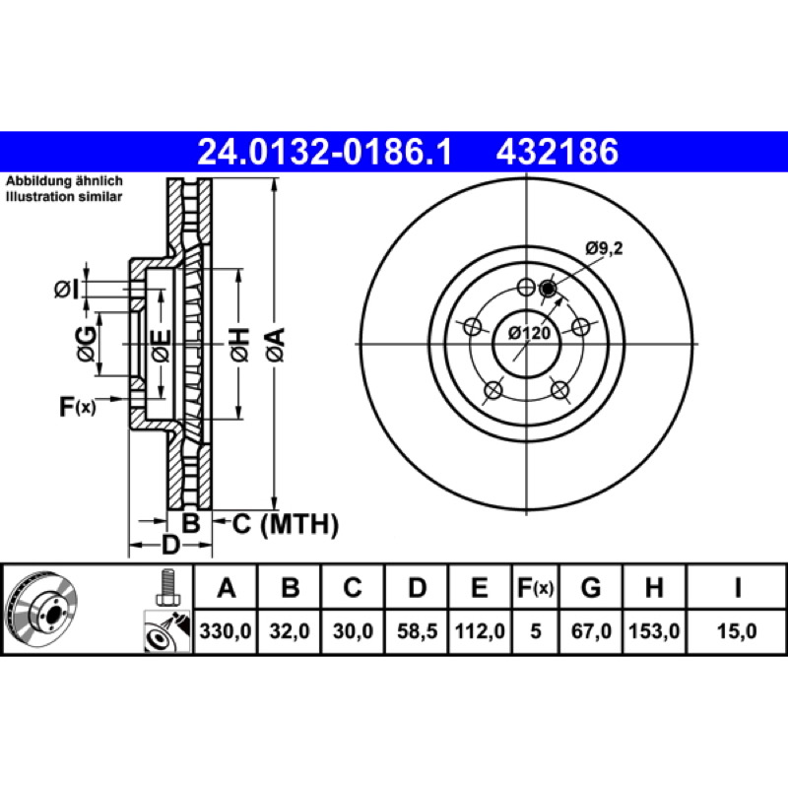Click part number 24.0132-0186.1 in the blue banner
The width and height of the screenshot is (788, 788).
(325, 152)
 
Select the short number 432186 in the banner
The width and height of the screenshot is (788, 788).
(557, 152)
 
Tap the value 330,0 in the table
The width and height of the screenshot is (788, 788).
(226, 630)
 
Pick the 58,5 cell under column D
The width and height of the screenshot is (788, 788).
(417, 630)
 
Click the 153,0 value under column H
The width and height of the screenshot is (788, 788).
(654, 630)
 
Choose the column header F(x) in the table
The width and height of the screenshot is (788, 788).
(536, 587)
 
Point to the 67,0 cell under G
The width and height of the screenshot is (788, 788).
(591, 630)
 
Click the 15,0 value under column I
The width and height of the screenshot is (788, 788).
(736, 630)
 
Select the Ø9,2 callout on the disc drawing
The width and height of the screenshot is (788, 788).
(604, 248)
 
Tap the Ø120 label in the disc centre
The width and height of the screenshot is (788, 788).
(529, 333)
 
